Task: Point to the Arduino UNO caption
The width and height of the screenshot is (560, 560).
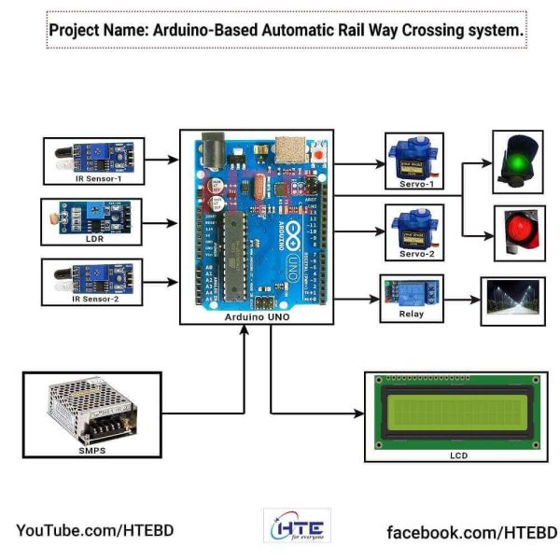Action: [256, 317]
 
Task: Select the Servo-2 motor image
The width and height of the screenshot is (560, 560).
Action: [413, 229]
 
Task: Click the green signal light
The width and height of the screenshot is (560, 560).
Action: [518, 162]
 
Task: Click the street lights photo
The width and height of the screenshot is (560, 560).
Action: [512, 301]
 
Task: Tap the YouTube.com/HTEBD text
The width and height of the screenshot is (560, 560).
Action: [94, 530]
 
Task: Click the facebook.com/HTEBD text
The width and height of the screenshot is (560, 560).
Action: [471, 532]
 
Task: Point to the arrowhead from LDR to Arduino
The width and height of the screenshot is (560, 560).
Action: [174, 223]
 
